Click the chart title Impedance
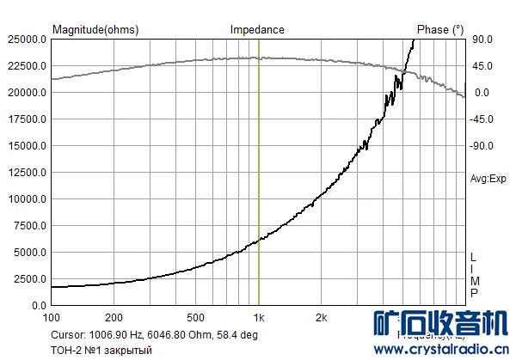tap(257, 29)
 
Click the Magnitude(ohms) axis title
tap(95, 29)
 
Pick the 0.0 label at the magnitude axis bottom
tap(38, 306)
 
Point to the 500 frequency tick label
tap(197, 316)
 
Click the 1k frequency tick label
tap(259, 316)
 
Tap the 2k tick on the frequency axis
tap(321, 316)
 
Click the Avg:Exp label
tap(487, 179)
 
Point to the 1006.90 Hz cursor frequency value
tap(116, 335)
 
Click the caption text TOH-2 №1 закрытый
tap(101, 350)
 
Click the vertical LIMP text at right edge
tap(473, 276)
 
